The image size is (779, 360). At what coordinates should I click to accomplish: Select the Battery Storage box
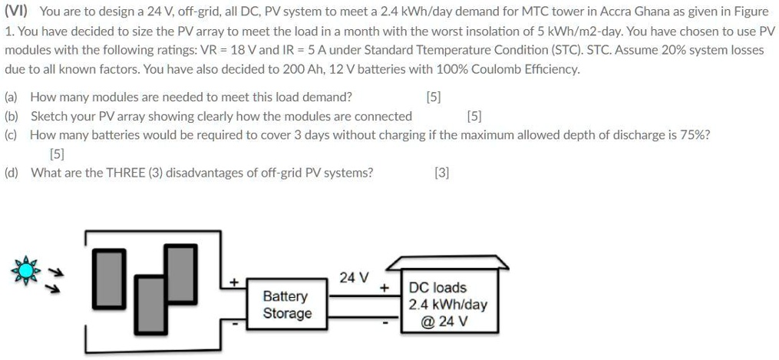(287, 305)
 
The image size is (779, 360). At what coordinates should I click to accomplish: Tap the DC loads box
(447, 304)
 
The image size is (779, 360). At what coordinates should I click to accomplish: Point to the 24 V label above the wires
(354, 277)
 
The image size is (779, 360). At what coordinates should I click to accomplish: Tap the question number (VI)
(16, 12)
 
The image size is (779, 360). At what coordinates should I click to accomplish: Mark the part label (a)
(12, 97)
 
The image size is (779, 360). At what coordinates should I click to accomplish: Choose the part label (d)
(12, 173)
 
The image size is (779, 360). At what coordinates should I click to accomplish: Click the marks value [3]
(441, 173)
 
